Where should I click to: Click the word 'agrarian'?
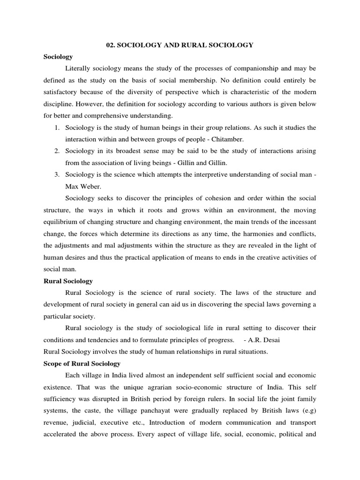[158, 387]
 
